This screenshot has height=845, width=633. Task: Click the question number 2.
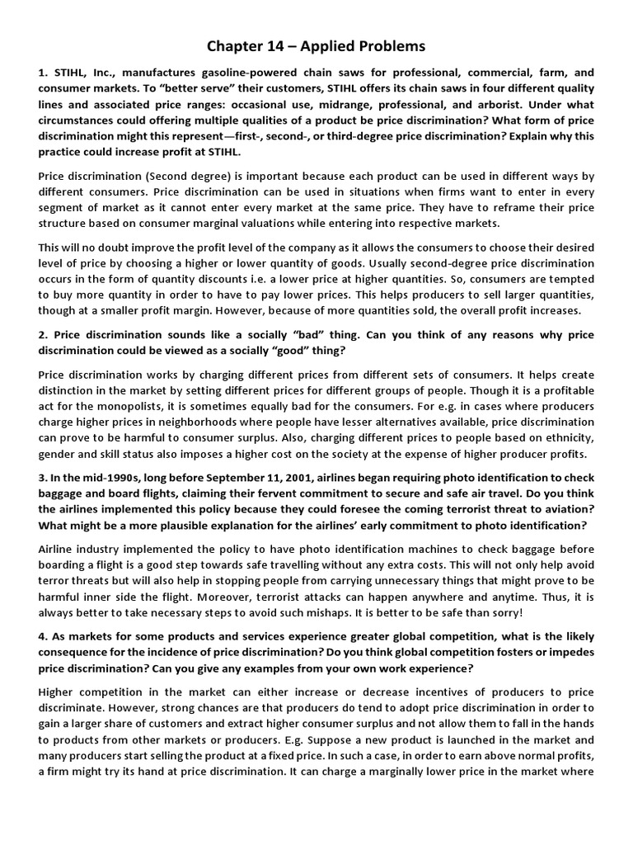coord(42,334)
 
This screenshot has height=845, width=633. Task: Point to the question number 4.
coord(42,636)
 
